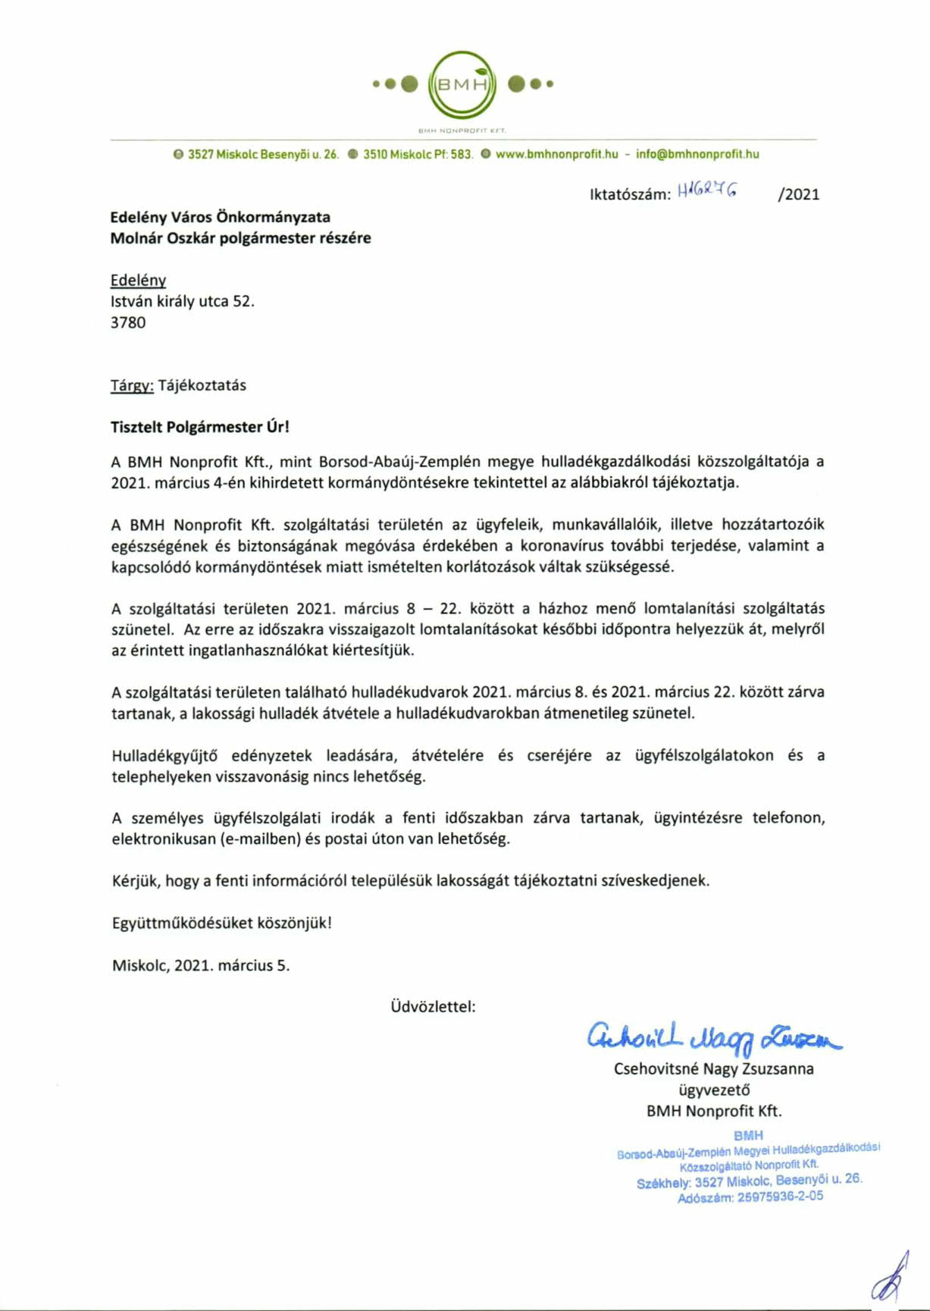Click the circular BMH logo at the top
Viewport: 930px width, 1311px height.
[462, 84]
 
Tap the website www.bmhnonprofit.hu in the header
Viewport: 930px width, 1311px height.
[556, 154]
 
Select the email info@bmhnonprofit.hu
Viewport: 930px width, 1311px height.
[697, 154]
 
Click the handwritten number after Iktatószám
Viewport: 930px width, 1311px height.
[706, 192]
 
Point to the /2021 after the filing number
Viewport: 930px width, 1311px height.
[798, 194]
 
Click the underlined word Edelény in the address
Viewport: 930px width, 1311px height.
[138, 280]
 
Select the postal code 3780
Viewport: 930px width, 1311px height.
[128, 322]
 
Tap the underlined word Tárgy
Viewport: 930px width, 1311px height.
[132, 385]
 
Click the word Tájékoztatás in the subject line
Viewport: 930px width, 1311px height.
[202, 385]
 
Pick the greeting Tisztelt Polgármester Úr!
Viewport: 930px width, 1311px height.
[200, 427]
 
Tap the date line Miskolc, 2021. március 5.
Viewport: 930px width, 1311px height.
[201, 965]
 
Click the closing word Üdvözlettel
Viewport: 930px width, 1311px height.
[433, 1007]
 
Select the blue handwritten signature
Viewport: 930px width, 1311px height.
[712, 1038]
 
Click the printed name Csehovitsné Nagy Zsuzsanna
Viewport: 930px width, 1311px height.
[713, 1069]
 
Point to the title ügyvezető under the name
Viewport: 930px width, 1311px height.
[714, 1090]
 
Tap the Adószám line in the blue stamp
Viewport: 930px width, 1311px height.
[750, 1197]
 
